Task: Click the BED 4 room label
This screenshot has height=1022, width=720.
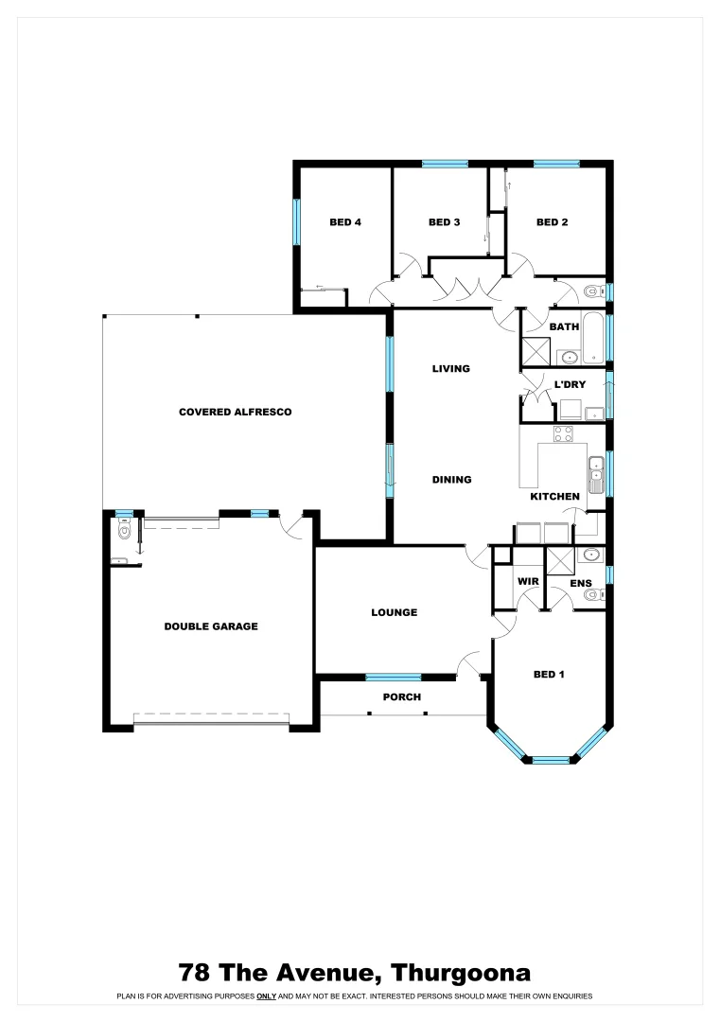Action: [345, 222]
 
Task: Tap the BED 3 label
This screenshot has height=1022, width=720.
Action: [444, 222]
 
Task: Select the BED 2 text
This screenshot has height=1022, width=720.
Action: [552, 222]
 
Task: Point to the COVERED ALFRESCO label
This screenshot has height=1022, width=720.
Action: [235, 412]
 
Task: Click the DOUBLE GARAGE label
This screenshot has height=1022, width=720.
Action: [211, 626]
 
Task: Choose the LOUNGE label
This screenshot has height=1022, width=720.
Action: [394, 612]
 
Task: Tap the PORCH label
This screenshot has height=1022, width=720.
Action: [401, 697]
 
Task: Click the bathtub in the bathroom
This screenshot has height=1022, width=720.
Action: [593, 338]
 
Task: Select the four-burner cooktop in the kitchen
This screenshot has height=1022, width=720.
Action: [563, 434]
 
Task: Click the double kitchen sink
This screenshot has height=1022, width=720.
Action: [596, 474]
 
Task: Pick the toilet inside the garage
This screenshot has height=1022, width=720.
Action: [124, 531]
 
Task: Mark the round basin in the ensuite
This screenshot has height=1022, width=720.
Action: [590, 555]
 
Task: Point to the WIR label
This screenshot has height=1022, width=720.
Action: [527, 581]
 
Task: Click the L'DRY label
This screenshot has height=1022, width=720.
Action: [570, 384]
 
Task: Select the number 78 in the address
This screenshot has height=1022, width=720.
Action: [196, 972]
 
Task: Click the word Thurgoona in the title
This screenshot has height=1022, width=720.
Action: [461, 972]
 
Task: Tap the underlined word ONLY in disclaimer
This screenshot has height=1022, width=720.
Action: [266, 996]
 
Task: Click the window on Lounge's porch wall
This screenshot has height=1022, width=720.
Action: [394, 677]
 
